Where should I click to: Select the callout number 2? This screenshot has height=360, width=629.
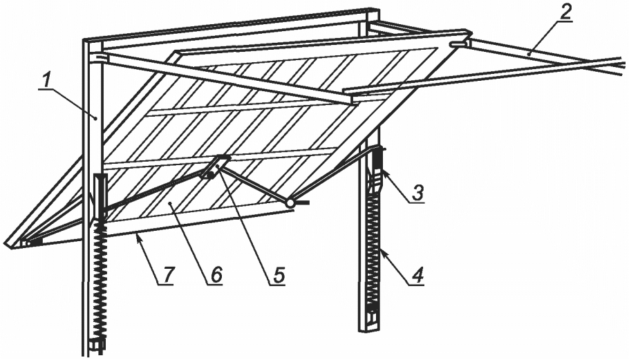pos(565,13)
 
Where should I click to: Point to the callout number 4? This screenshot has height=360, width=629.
pos(417,275)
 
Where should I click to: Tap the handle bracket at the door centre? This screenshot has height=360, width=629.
pos(217,167)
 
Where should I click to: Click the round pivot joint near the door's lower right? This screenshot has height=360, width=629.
pos(290,203)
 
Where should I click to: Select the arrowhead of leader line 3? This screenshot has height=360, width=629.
pos(383,173)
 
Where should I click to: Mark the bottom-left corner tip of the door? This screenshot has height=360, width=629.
pos(5,243)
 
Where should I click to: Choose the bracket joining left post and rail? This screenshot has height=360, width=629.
pos(100,58)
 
